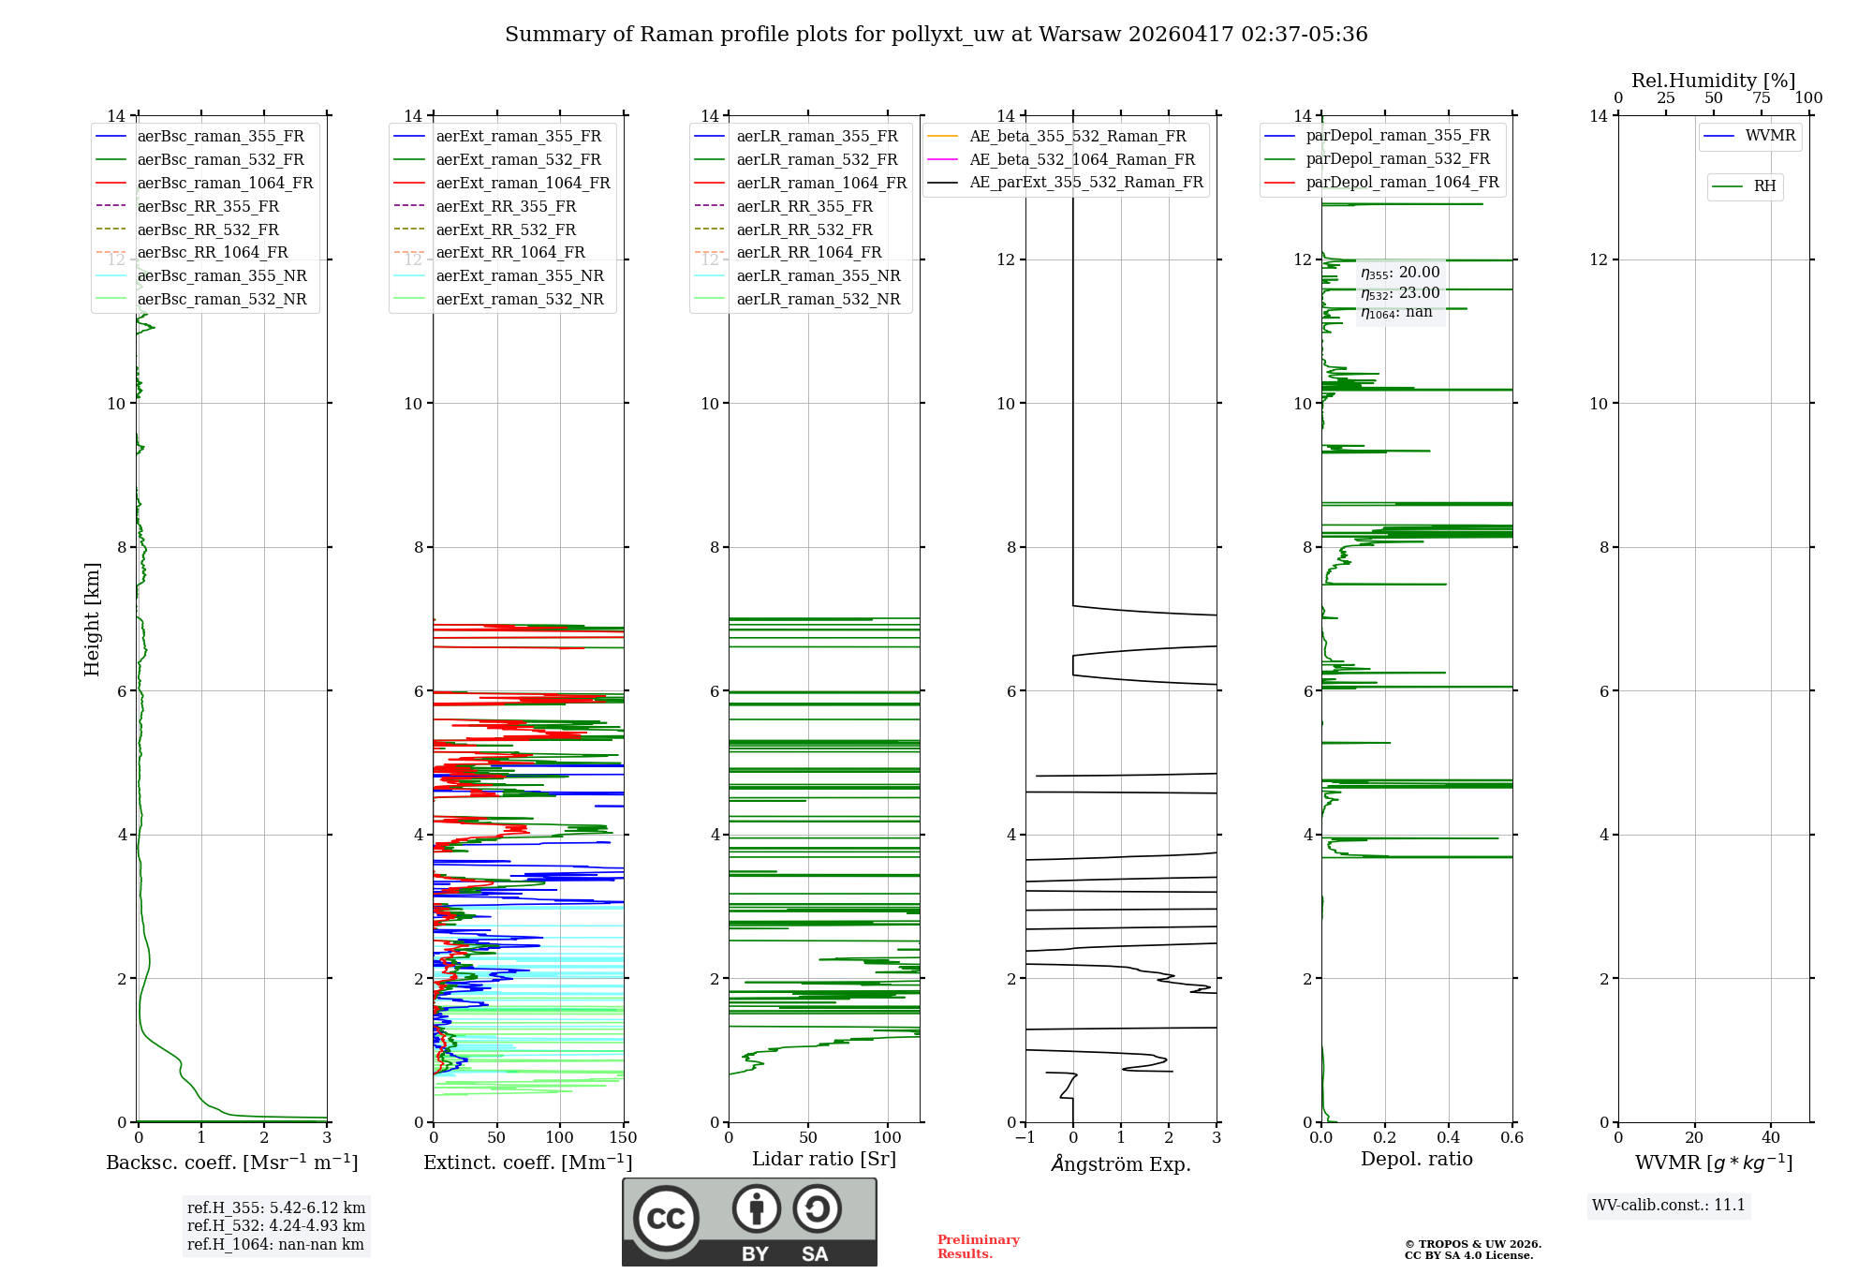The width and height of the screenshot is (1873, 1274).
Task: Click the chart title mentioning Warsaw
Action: pyautogui.click(x=936, y=35)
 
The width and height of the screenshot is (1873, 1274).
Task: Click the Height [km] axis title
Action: pyautogui.click(x=92, y=618)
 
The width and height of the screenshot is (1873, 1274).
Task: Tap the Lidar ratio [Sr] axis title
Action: pyautogui.click(x=824, y=1159)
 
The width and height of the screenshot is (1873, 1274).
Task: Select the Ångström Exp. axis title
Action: pyautogui.click(x=1121, y=1163)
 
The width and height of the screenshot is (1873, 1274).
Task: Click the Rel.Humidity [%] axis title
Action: pyautogui.click(x=1713, y=81)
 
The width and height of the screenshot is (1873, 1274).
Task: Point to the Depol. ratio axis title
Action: pyautogui.click(x=1416, y=1159)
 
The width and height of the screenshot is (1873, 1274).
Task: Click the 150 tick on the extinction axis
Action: pyautogui.click(x=623, y=1138)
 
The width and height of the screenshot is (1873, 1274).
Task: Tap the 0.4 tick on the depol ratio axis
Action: pyautogui.click(x=1448, y=1138)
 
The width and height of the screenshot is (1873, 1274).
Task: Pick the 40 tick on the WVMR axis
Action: pyautogui.click(x=1770, y=1138)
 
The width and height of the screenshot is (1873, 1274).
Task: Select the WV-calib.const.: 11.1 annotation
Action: pyautogui.click(x=1669, y=1205)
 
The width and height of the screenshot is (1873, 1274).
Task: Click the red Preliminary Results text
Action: pyautogui.click(x=978, y=1247)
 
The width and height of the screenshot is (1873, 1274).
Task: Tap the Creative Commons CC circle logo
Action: pyautogui.click(x=666, y=1219)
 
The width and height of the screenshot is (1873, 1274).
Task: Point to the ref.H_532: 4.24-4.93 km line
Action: pyautogui.click(x=275, y=1225)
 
